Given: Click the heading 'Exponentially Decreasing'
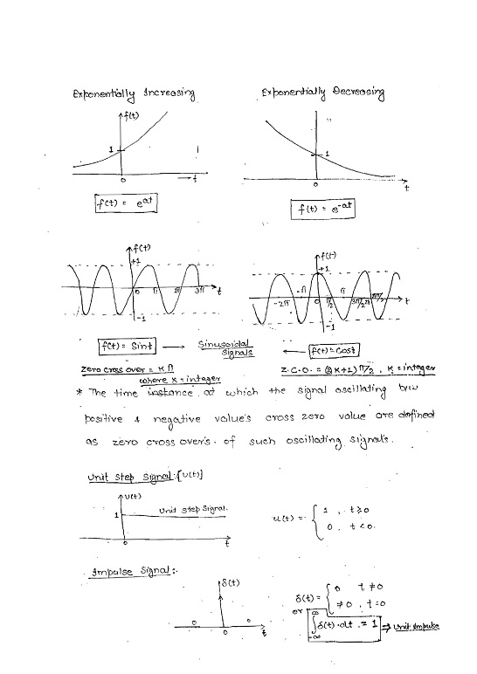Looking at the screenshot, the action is point(322,92).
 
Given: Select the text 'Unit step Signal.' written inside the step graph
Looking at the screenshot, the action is point(194,508).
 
